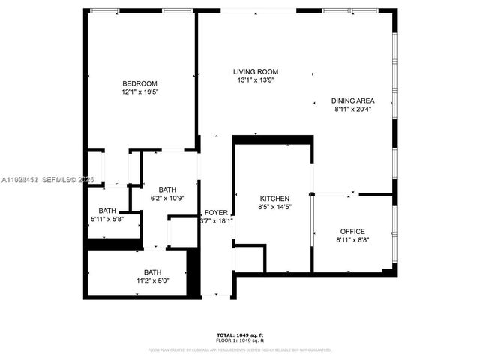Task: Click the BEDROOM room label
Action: point(140,82)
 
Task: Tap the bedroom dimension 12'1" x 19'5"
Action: point(140,91)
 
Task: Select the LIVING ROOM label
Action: point(255,71)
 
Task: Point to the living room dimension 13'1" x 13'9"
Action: point(255,79)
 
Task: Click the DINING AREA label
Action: point(353,100)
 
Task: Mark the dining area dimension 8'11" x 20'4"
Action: point(353,109)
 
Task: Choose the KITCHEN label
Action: point(274,199)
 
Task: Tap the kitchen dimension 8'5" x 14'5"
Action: point(274,207)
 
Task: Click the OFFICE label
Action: point(352,231)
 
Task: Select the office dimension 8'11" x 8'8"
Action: point(352,239)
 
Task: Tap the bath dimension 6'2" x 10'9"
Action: point(166,198)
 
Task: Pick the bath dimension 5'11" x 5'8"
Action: point(107,219)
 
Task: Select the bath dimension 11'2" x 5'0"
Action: point(153,280)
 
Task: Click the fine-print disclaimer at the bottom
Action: point(240,349)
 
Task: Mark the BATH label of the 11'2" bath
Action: point(153,272)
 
